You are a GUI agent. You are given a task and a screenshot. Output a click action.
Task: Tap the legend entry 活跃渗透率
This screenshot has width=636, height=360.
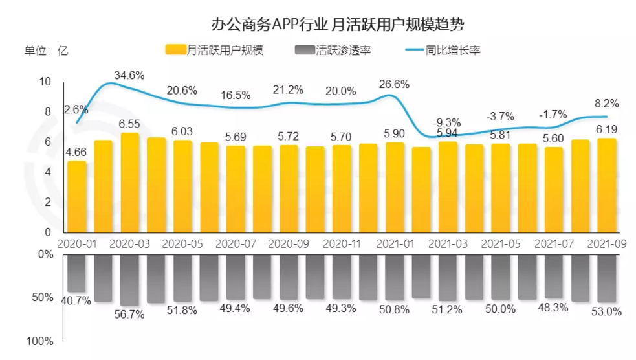point(332,51)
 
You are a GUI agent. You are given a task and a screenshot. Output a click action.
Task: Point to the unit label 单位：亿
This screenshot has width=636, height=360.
point(46,51)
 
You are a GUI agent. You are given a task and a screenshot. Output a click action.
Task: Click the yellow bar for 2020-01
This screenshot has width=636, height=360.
point(77,197)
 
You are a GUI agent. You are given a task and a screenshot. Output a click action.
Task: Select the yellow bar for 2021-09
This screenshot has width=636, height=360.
point(606,185)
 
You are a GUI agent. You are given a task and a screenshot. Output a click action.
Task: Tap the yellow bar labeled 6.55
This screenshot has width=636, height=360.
point(130,183)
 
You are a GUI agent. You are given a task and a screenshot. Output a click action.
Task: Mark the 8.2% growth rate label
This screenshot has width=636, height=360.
point(606,103)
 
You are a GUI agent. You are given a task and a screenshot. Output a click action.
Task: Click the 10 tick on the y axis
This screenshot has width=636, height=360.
point(45,82)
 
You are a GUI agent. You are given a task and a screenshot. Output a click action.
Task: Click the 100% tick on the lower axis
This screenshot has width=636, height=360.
point(41,341)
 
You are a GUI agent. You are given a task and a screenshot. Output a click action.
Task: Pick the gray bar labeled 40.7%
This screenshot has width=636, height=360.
point(77,273)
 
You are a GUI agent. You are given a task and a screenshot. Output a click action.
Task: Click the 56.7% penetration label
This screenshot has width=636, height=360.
point(129,314)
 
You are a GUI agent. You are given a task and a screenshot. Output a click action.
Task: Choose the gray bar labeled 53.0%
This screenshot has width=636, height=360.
point(606,278)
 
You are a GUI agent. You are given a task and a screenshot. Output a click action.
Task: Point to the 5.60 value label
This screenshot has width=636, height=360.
point(554,138)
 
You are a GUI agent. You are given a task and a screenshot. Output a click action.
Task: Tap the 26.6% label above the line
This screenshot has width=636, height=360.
point(395,84)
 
